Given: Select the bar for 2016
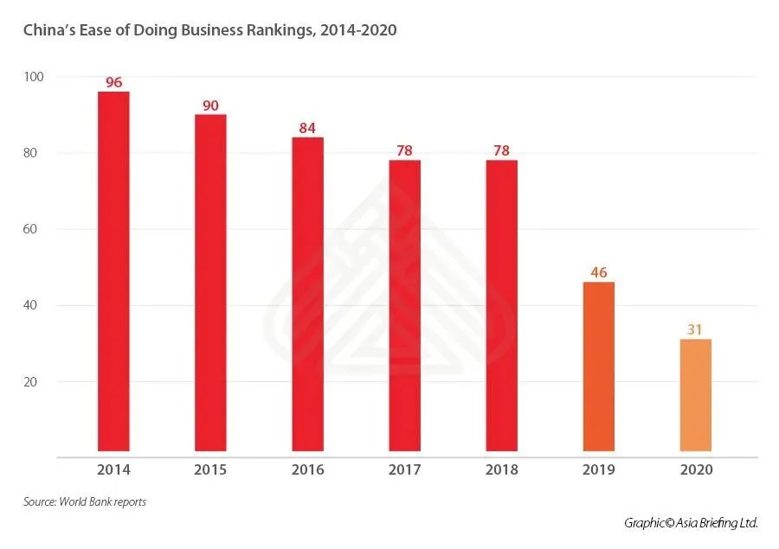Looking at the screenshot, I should pos(307,294).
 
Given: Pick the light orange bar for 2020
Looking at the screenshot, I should pos(696,394).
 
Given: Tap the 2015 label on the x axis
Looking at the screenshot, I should pos(210,470).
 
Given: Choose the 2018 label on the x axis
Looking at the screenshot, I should pos(502,470).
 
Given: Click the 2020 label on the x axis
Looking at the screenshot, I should pos(696,470).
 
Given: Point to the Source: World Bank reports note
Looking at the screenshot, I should pos(85,502).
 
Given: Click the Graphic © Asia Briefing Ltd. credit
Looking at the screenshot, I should pos(691,523).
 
